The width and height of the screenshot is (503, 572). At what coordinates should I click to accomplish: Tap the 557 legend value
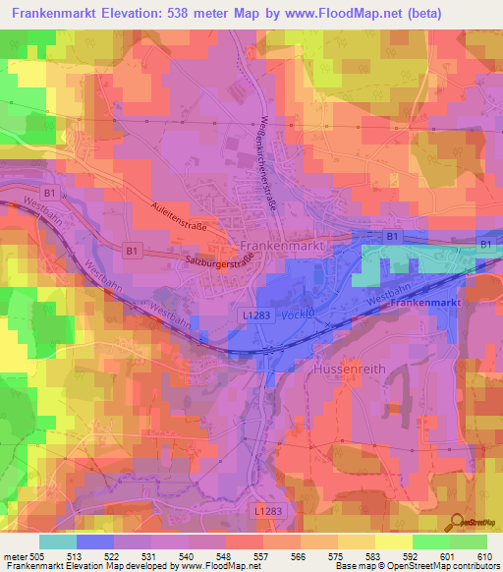tap(261, 556)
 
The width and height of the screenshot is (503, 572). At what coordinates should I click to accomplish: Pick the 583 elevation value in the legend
tap(373, 556)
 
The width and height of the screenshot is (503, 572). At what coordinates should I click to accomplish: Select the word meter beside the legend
tap(15, 556)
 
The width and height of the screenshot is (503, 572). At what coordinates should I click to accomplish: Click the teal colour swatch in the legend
tap(58, 541)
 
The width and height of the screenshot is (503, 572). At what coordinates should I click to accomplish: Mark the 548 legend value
tap(225, 556)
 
